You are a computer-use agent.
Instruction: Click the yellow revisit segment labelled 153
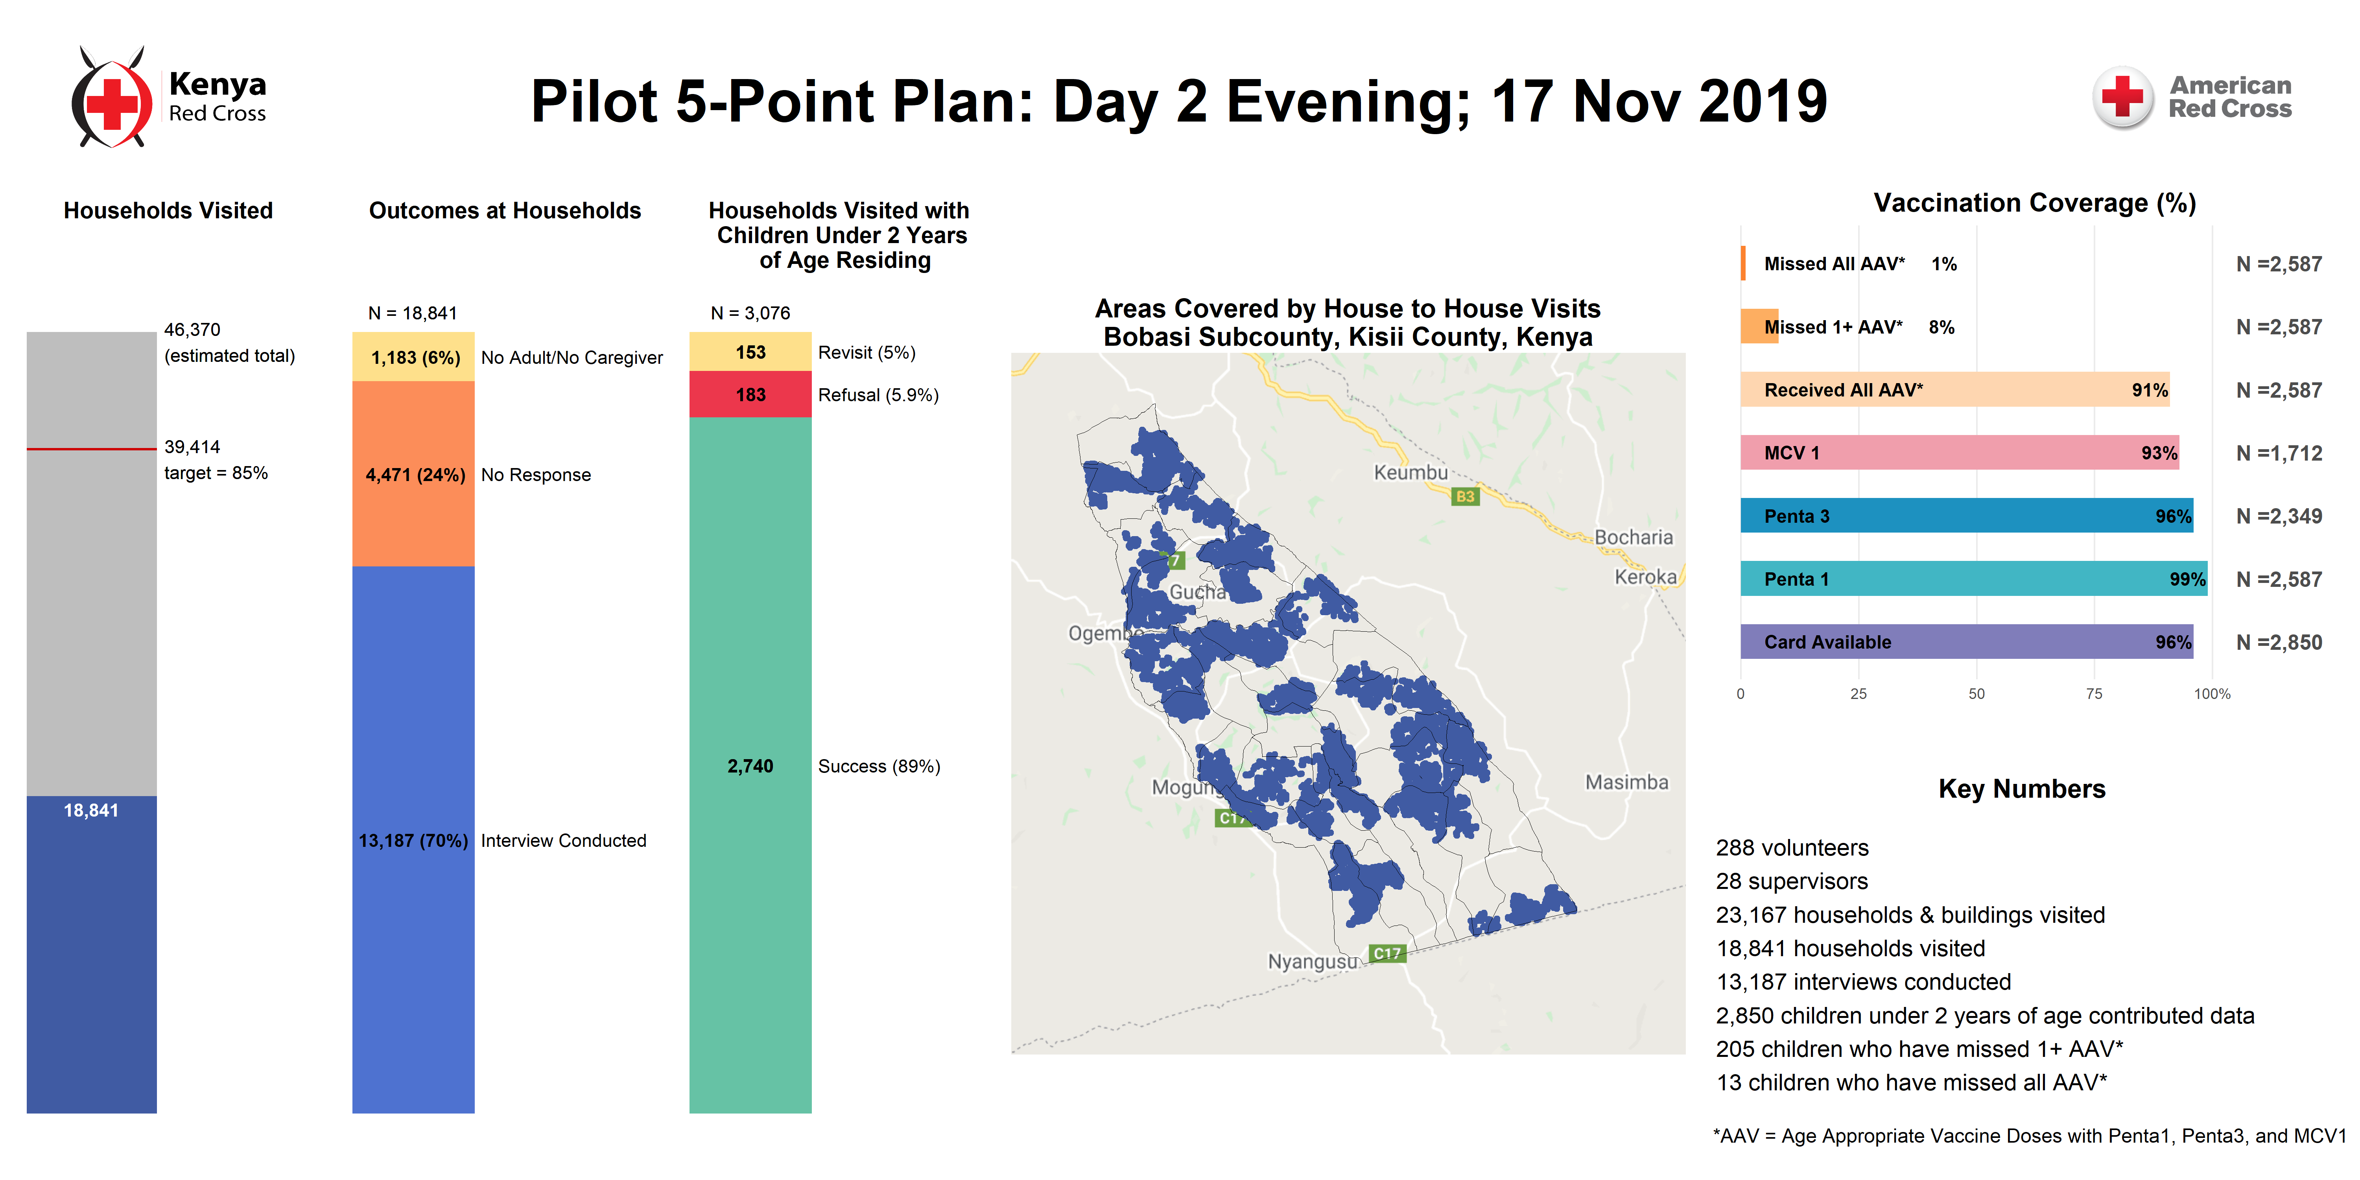750,352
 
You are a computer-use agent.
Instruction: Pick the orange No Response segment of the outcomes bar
413,474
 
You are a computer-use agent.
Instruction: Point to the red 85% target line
92,449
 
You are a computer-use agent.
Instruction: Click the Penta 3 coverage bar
1966,516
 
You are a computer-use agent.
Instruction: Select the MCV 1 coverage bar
1960,453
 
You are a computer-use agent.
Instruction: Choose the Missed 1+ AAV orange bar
1759,326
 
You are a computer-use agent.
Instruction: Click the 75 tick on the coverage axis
2094,693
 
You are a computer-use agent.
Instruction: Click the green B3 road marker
1466,496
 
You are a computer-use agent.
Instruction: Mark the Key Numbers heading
2022,789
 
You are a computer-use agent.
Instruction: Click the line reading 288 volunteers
1792,848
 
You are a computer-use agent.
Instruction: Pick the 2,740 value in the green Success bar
750,766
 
